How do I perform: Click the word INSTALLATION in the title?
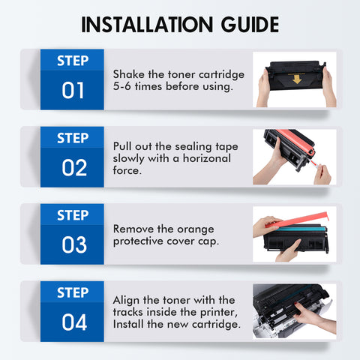pyautogui.click(x=147, y=25)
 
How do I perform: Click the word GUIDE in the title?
pyautogui.click(x=250, y=25)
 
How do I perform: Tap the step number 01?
pyautogui.click(x=73, y=90)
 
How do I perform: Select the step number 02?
pyautogui.click(x=74, y=167)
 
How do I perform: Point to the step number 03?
pyautogui.click(x=74, y=244)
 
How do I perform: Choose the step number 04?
pyautogui.click(x=74, y=322)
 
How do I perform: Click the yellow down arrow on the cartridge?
pyautogui.click(x=297, y=79)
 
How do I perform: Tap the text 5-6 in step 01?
pyautogui.click(x=121, y=86)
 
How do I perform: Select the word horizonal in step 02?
pyautogui.click(x=207, y=158)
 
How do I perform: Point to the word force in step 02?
pyautogui.click(x=126, y=170)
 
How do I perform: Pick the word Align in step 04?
pyautogui.click(x=126, y=301)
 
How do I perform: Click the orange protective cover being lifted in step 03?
pyautogui.click(x=298, y=219)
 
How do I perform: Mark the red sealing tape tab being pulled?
pyautogui.click(x=314, y=163)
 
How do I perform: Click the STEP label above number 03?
pyautogui.click(x=73, y=215)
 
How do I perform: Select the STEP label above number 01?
pyautogui.click(x=73, y=61)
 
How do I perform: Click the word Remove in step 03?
pyautogui.click(x=133, y=229)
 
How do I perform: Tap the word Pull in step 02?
pyautogui.click(x=122, y=146)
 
